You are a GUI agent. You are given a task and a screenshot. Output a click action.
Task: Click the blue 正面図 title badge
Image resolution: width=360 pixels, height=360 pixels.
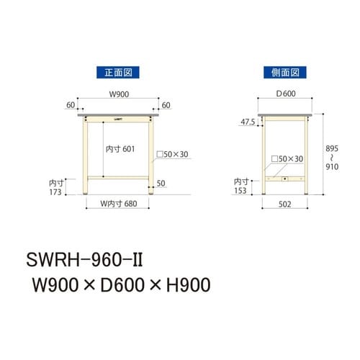117,72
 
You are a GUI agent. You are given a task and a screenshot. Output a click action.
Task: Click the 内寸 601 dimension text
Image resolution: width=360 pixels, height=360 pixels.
120,148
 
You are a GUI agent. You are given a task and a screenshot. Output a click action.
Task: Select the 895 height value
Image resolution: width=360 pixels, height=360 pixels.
330,148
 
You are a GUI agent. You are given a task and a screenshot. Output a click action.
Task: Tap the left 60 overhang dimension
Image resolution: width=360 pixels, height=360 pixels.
71,105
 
